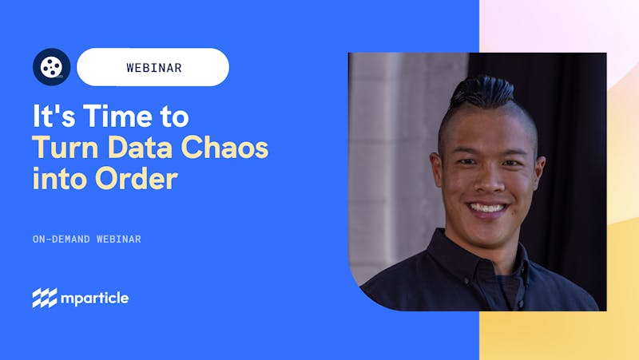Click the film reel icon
pos(51,67)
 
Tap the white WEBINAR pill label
pos(153,67)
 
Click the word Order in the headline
pos(137,178)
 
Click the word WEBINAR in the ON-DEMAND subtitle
pos(118,239)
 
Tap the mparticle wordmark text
pos(94,299)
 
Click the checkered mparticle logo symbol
pos(45,298)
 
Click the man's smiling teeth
pos(487,208)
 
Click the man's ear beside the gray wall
pos(436,170)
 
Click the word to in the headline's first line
pos(174,117)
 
